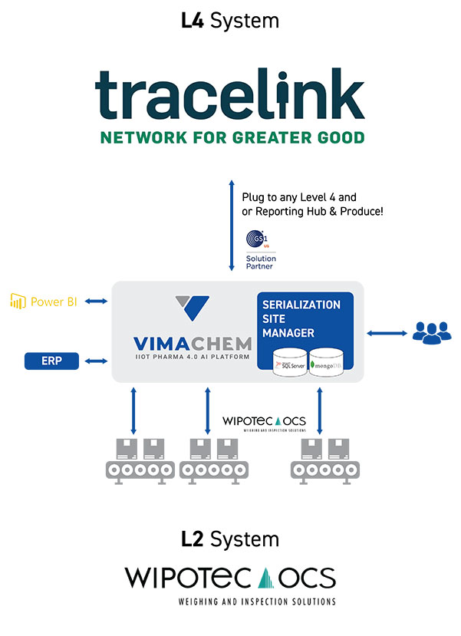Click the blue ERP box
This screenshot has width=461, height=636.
[52, 361]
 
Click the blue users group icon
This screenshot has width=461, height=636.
[433, 331]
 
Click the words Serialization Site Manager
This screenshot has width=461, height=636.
[301, 318]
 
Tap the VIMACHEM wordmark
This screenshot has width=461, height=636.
[184, 341]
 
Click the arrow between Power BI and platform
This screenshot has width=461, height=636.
[97, 302]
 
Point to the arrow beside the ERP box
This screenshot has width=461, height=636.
[97, 361]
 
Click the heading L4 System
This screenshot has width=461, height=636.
[230, 21]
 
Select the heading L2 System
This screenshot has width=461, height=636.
[230, 539]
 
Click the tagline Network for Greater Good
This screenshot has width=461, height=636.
[230, 137]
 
